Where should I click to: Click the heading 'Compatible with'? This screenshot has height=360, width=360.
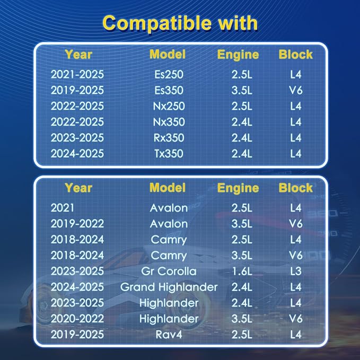pyautogui.click(x=180, y=23)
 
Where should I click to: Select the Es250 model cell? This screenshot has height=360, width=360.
pyautogui.click(x=169, y=74)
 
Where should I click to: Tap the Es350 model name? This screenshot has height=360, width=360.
pyautogui.click(x=169, y=90)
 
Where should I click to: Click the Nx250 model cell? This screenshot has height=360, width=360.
pyautogui.click(x=169, y=106)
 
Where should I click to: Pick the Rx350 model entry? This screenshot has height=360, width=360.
pyautogui.click(x=169, y=138)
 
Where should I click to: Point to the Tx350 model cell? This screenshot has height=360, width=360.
pyautogui.click(x=169, y=154)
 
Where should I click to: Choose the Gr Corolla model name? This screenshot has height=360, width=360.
pyautogui.click(x=169, y=271)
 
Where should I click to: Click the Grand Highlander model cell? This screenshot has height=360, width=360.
pyautogui.click(x=169, y=287)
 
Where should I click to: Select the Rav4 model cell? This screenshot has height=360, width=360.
pyautogui.click(x=169, y=335)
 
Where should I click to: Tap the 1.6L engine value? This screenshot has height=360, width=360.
pyautogui.click(x=242, y=271)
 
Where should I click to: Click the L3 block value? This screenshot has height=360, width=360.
pyautogui.click(x=296, y=271)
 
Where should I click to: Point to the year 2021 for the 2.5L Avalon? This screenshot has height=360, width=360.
pyautogui.click(x=63, y=208)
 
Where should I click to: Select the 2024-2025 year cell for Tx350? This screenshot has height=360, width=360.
pyautogui.click(x=77, y=154)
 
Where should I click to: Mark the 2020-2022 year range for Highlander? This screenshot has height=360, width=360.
pyautogui.click(x=77, y=319)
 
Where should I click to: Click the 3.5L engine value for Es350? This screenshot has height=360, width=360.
pyautogui.click(x=242, y=90)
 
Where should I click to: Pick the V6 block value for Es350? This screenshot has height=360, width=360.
pyautogui.click(x=296, y=90)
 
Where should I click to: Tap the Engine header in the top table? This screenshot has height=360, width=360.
pyautogui.click(x=238, y=55)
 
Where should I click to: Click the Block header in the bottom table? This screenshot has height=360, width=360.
pyautogui.click(x=296, y=188)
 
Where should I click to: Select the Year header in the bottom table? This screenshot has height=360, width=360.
pyautogui.click(x=78, y=188)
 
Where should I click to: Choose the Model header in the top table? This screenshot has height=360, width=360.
pyautogui.click(x=168, y=55)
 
